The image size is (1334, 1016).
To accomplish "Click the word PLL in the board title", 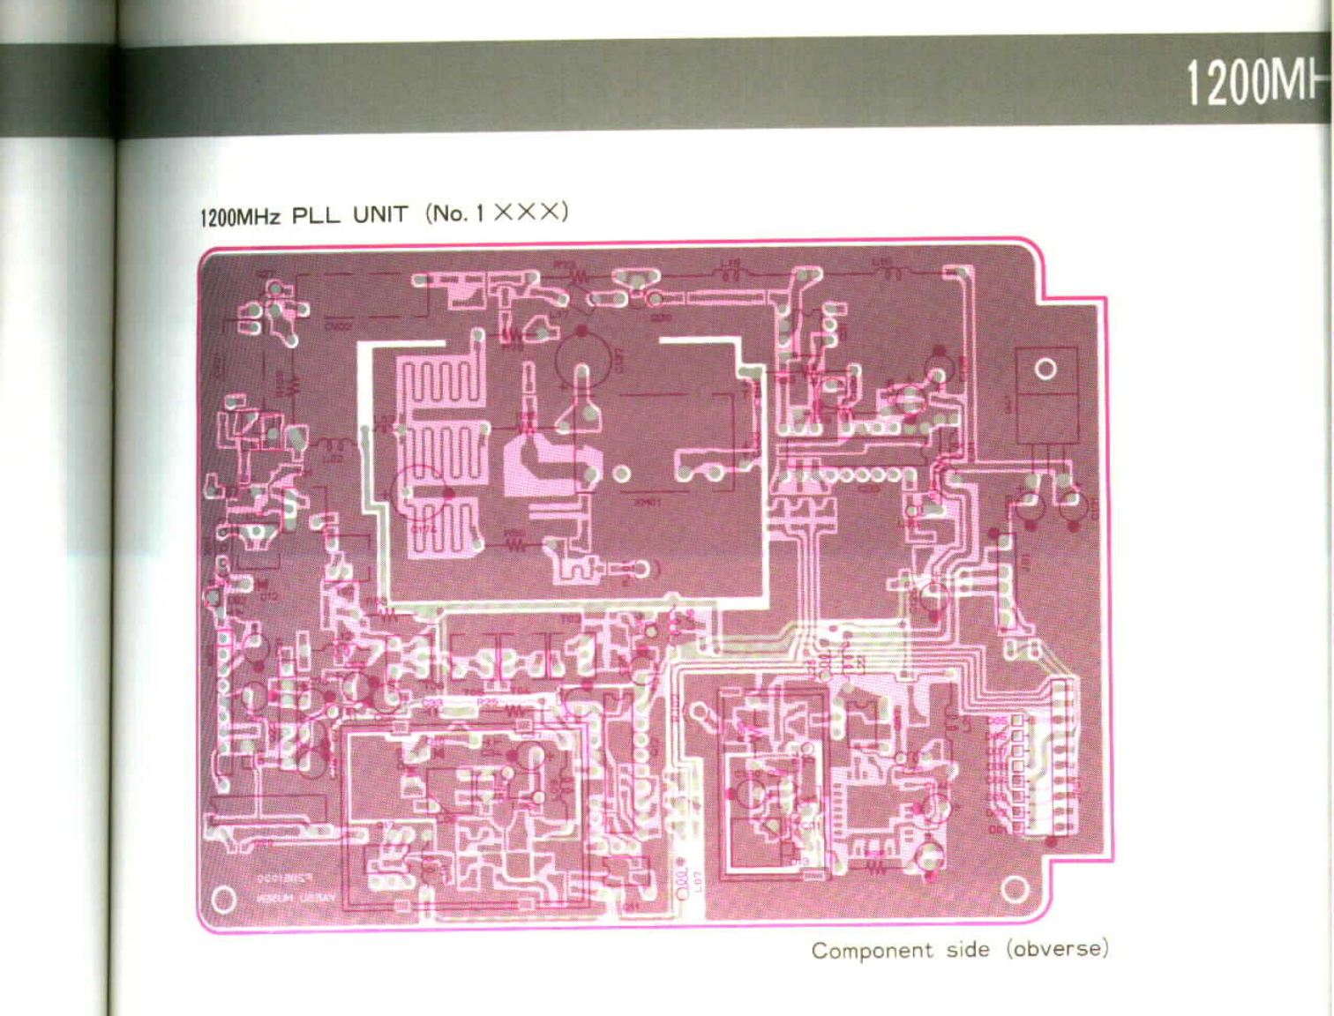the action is point(315,215).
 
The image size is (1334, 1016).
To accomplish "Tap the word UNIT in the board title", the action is point(380,214).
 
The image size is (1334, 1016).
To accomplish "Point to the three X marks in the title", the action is point(528,212).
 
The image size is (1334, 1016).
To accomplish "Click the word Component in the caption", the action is point(872,951).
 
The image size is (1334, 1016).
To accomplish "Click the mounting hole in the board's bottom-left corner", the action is point(224,900).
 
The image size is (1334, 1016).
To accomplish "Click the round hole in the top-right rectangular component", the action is point(1045,369).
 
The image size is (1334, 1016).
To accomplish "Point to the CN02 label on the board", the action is point(339,326).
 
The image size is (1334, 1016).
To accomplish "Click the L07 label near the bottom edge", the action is point(697,880).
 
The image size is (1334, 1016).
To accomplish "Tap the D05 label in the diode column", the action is point(996,721).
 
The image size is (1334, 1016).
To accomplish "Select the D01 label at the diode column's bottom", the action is point(996,830).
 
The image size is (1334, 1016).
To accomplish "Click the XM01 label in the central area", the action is point(647,502).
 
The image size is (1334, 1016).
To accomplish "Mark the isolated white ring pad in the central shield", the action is point(622,474).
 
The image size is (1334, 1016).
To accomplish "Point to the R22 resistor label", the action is point(487,702).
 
